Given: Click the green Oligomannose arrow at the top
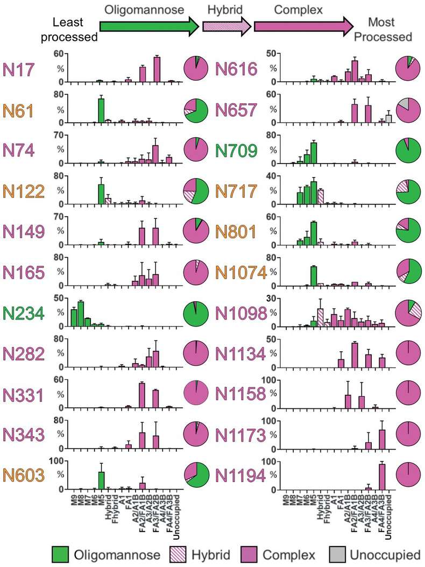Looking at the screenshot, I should [148, 25].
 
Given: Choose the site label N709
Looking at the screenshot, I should [240, 150].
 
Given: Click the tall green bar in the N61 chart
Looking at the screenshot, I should [101, 110].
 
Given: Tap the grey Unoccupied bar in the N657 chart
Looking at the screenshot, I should [388, 118].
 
